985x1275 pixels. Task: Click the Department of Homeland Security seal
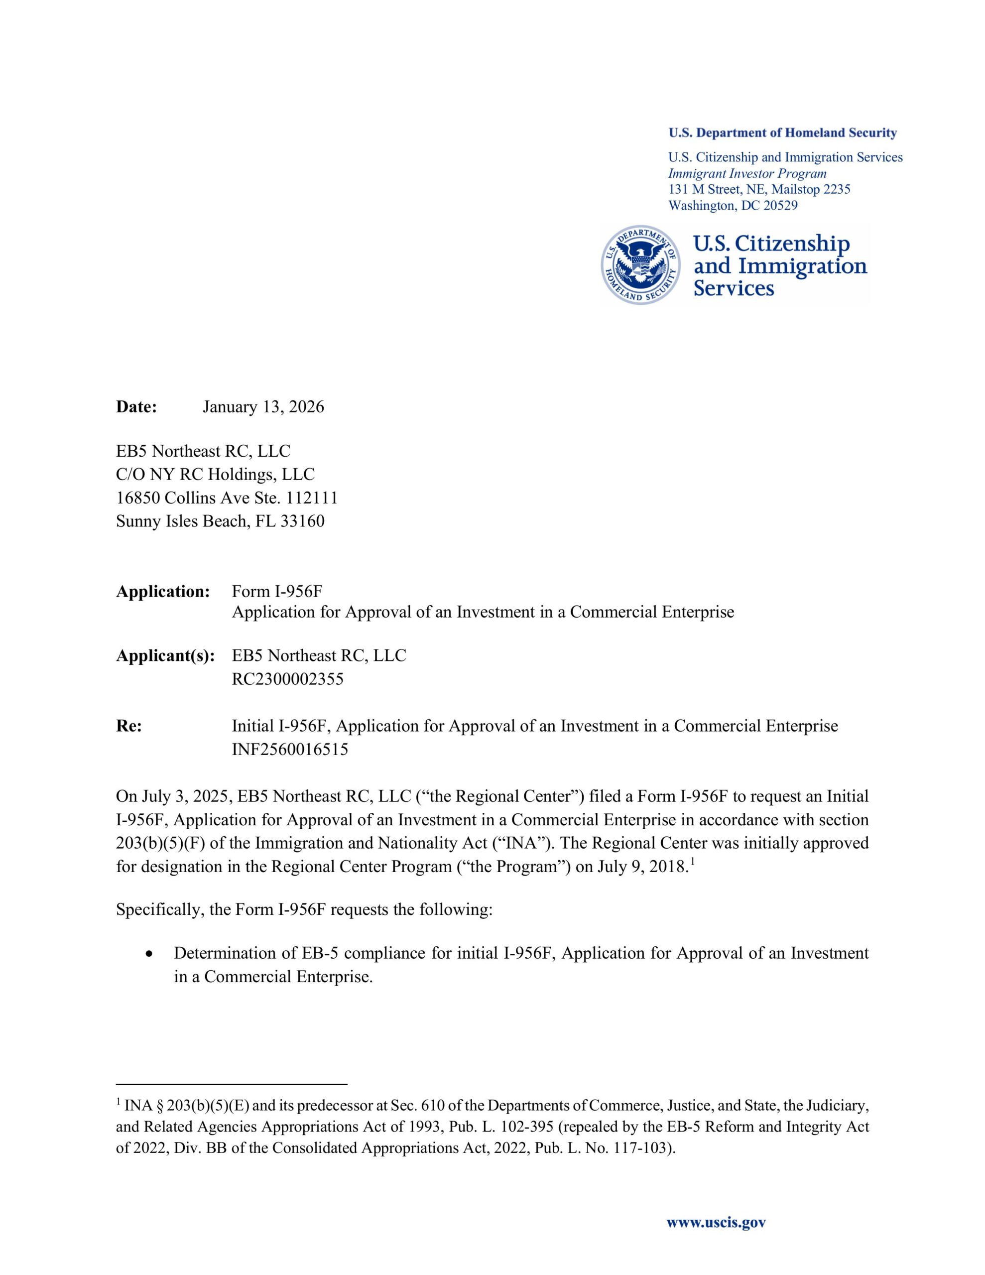tap(640, 265)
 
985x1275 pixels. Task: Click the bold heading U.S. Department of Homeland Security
tap(782, 133)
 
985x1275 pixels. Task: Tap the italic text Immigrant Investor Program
tap(747, 173)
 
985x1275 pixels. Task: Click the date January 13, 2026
tap(263, 407)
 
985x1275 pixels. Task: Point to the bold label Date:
tap(136, 407)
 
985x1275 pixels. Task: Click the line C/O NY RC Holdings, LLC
tap(215, 475)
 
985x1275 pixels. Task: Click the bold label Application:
tap(163, 591)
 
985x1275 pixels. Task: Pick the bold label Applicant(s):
tap(165, 655)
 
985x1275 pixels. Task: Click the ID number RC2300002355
tap(287, 679)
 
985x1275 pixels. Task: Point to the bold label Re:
tap(128, 726)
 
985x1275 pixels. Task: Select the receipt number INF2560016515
tap(290, 749)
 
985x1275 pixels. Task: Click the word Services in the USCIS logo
tap(734, 288)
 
